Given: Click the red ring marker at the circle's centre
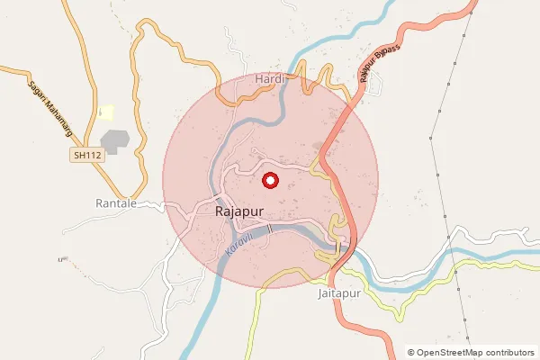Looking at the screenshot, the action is [x=269, y=181].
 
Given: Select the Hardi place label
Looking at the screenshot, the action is [x=270, y=79].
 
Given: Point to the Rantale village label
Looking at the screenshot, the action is [x=116, y=203].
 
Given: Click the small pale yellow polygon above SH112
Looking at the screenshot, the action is [x=106, y=112].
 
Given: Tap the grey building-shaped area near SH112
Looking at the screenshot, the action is [x=115, y=141].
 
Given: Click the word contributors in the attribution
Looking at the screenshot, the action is [x=509, y=353].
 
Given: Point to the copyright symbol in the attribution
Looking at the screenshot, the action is [x=411, y=353].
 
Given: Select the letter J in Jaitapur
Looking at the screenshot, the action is [x=321, y=293].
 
